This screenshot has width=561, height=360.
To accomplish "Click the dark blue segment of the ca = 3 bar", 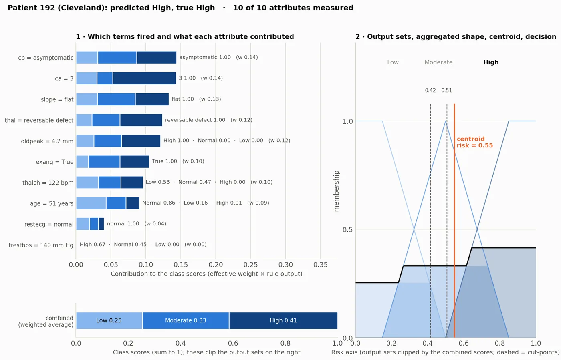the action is pyautogui.click(x=144, y=78).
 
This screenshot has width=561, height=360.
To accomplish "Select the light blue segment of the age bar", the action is pyautogui.click(x=91, y=203).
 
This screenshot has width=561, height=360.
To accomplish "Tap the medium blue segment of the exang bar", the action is pyautogui.click(x=104, y=161).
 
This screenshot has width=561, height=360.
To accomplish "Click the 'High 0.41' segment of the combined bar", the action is pyautogui.click(x=283, y=320).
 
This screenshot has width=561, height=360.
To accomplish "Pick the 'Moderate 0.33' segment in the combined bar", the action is pyautogui.click(x=186, y=320).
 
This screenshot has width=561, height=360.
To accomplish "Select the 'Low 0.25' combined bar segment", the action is pyautogui.click(x=109, y=320).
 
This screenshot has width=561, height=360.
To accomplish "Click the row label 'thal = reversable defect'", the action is pyautogui.click(x=39, y=120).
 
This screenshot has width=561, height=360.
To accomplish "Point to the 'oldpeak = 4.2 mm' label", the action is pyautogui.click(x=47, y=141).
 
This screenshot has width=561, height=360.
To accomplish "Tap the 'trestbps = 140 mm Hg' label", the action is pyautogui.click(x=41, y=245).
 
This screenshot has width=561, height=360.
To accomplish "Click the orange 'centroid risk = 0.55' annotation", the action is pyautogui.click(x=474, y=142).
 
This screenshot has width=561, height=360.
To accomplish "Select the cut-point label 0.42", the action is pyautogui.click(x=430, y=91).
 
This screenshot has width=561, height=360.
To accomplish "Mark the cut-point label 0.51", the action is pyautogui.click(x=446, y=91).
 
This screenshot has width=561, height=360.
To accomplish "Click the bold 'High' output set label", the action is pyautogui.click(x=491, y=62).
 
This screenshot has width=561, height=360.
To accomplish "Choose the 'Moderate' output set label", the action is pyautogui.click(x=438, y=62).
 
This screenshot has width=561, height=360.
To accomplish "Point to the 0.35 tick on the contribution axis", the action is pyautogui.click(x=320, y=265).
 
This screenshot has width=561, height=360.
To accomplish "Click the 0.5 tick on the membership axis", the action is pyautogui.click(x=347, y=229).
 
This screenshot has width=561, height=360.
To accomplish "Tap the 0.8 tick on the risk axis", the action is pyautogui.click(x=500, y=343).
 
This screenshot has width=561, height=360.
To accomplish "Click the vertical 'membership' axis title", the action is pyautogui.click(x=336, y=191).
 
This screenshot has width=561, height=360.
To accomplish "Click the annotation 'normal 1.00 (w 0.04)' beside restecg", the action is pyautogui.click(x=137, y=224).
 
